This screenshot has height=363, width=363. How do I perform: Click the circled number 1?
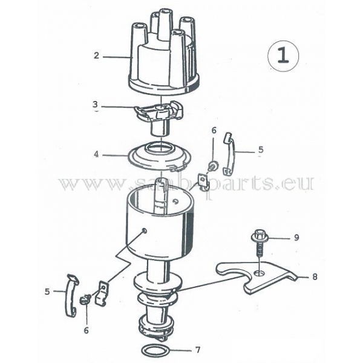click(x=283, y=56)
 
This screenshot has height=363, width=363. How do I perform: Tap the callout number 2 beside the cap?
click(x=96, y=56)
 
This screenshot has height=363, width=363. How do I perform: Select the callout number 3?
click(x=95, y=105)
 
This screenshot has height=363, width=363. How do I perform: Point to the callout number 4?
click(x=96, y=154)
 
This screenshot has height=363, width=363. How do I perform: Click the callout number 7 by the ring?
click(x=198, y=350)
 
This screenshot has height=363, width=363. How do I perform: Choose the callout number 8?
click(x=315, y=276)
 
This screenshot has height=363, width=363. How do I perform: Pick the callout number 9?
click(x=296, y=238)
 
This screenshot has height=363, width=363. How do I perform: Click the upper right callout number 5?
click(x=261, y=149)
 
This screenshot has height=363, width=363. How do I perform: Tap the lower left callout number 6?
click(x=86, y=330)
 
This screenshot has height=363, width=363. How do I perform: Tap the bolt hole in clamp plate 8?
click(x=260, y=273)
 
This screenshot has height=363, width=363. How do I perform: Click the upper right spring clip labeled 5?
click(x=229, y=154)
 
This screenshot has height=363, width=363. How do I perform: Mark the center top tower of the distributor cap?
click(x=165, y=23)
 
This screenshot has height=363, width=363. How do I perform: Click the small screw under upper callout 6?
click(x=212, y=166)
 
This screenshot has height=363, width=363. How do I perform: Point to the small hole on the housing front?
click(x=144, y=230)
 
